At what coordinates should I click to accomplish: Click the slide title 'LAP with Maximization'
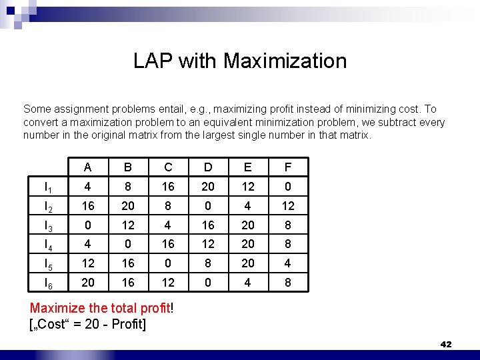click(x=240, y=61)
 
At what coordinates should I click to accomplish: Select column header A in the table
click(x=88, y=167)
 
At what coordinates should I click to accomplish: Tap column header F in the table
click(x=287, y=167)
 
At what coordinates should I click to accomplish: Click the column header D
click(x=208, y=167)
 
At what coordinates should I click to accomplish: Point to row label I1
click(x=48, y=187)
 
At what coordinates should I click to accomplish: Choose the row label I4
click(x=48, y=245)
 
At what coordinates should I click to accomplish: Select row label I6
click(x=48, y=283)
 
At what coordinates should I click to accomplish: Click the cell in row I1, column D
click(x=208, y=187)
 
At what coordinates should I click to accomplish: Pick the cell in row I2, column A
click(x=88, y=206)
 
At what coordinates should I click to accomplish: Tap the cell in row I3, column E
click(x=248, y=225)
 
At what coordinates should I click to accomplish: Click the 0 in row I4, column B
click(x=128, y=244)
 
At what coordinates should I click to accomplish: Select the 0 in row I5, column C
click(x=168, y=263)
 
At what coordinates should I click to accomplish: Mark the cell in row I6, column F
click(x=287, y=283)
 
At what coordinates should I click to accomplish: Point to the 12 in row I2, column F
click(x=287, y=206)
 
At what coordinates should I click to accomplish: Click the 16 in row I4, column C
click(x=168, y=244)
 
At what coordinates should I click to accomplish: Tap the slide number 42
click(x=446, y=344)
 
